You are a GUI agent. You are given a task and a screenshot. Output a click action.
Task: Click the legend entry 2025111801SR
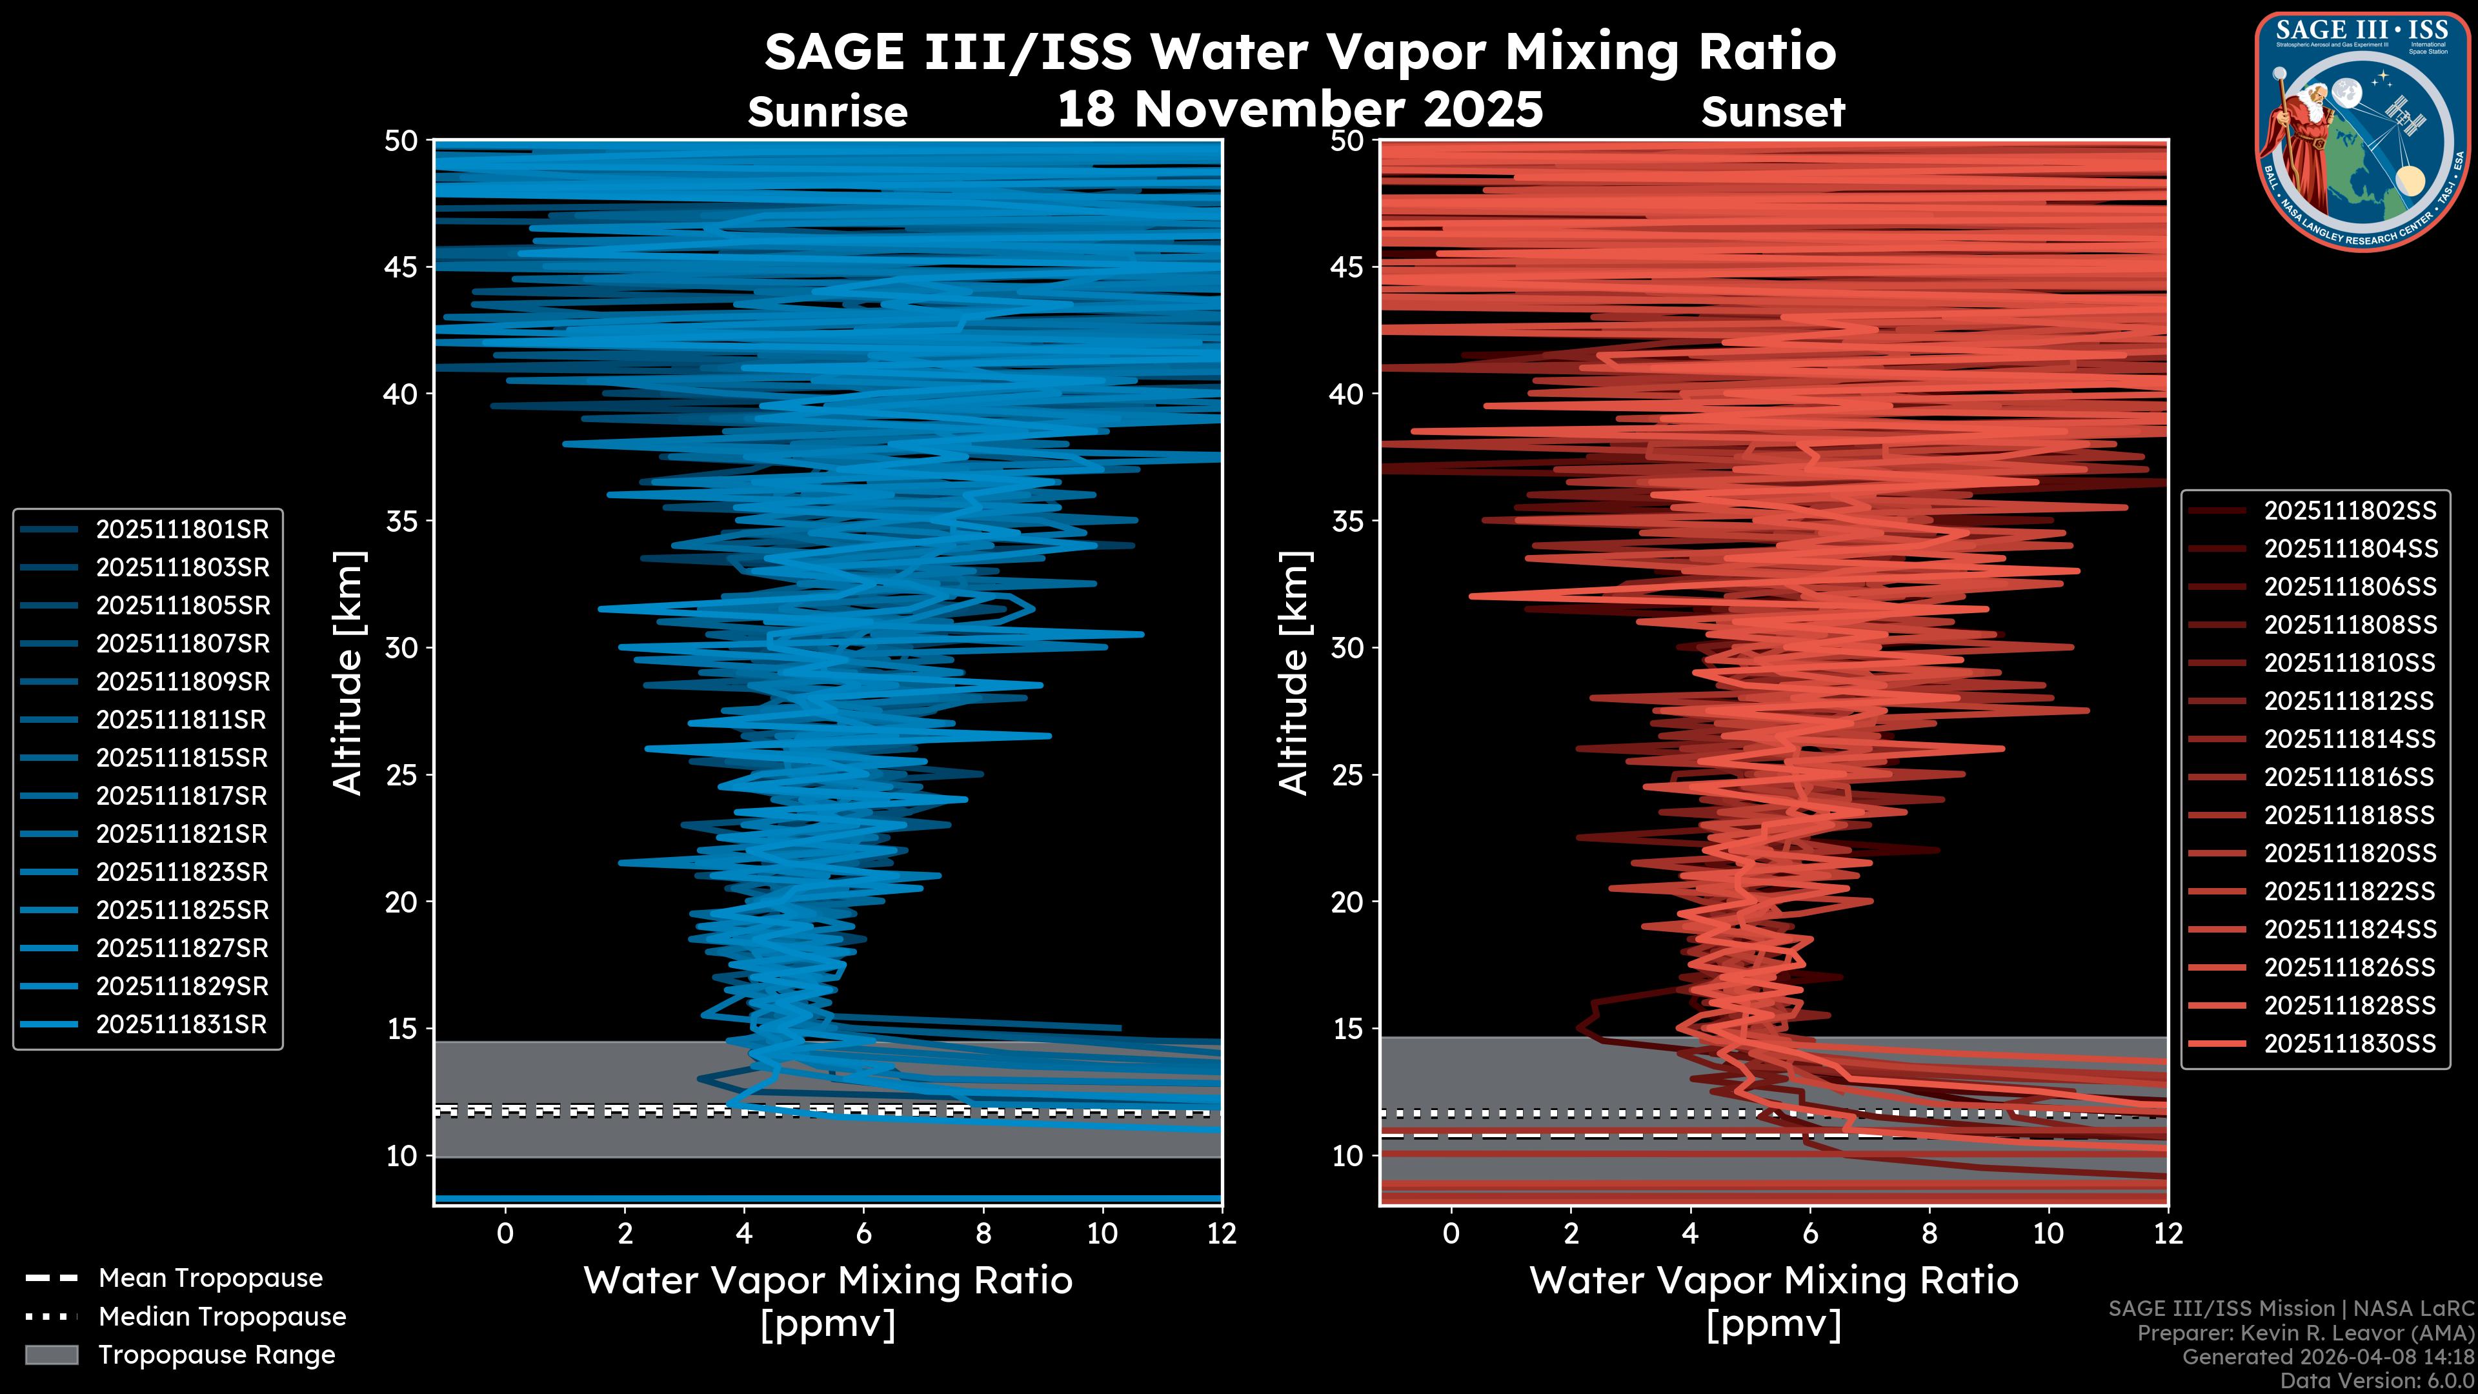tap(182, 529)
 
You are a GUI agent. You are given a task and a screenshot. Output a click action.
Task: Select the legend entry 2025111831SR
tap(182, 1025)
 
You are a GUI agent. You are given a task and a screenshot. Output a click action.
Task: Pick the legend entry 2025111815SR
tap(182, 758)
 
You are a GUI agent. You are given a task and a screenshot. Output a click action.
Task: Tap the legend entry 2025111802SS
tap(2350, 511)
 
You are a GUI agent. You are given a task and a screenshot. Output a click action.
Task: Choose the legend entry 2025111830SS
tap(2350, 1044)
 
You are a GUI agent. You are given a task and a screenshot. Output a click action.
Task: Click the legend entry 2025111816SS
tap(2350, 777)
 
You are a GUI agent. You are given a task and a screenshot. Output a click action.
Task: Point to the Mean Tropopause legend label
tap(210, 1278)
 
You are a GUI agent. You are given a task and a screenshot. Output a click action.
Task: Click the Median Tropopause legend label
tap(222, 1317)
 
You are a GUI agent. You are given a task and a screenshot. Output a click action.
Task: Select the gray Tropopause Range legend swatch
tap(51, 1355)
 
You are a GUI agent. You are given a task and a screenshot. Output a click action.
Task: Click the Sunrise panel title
tap(827, 112)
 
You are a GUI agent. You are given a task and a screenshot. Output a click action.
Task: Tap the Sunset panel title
tap(1773, 112)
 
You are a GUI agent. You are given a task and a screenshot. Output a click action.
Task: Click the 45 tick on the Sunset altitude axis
tap(1347, 267)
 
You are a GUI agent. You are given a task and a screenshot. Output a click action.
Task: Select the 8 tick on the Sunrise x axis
tap(983, 1233)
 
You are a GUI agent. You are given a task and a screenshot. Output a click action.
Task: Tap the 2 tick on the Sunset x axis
tap(1571, 1233)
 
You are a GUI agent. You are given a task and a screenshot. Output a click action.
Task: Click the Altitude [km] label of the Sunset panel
tap(1294, 673)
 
